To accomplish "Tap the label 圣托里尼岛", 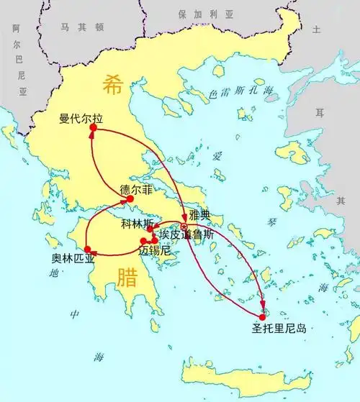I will tap(279, 329).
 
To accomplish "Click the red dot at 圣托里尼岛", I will tap(262, 316).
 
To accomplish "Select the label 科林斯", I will tap(138, 224).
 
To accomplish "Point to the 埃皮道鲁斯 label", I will tap(186, 234).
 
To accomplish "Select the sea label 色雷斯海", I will tap(240, 91).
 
